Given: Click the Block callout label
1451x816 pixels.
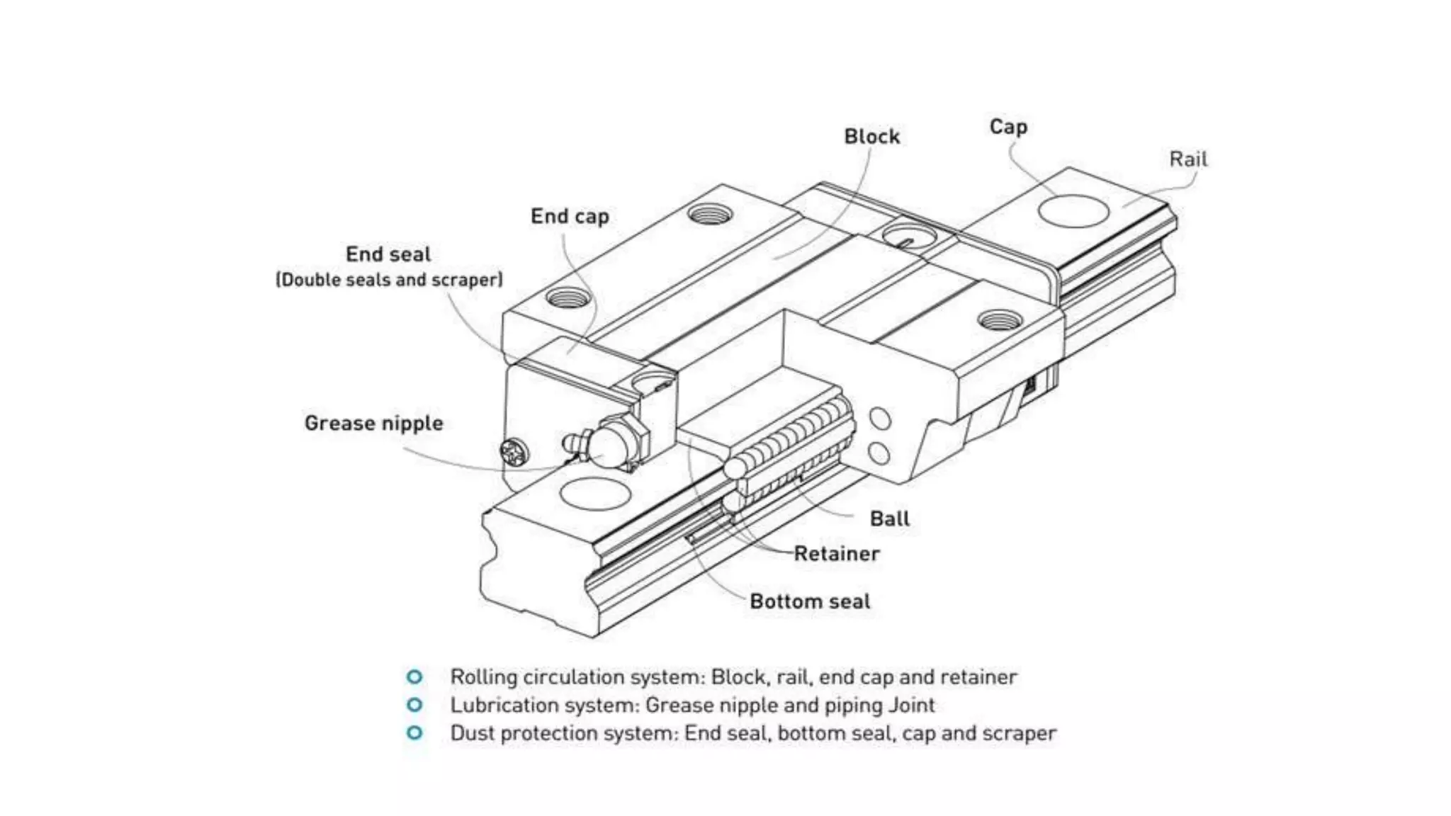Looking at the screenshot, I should pos(871,136).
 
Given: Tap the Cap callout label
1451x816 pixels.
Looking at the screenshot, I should pos(1007,127).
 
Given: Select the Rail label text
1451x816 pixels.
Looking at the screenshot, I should pos(1187,159).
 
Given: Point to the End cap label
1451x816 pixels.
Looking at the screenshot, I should pos(570,216).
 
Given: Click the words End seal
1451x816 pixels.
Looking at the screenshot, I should pos(388,254).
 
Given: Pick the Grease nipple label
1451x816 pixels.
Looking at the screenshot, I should pos(373,423).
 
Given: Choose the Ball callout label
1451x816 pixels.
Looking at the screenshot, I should pos(889,518).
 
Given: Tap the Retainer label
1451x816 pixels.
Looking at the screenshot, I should pos(836,553).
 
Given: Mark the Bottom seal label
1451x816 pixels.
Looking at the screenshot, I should pos(809,601).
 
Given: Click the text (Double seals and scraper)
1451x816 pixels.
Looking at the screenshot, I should pos(389,280).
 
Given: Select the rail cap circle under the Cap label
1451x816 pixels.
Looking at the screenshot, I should pos(1073,210).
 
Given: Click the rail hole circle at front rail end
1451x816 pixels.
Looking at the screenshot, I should pos(594,493).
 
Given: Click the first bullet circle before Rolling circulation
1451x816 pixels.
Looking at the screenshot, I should pos(414,676).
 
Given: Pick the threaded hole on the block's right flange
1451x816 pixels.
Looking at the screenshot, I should pos(1000,320).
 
